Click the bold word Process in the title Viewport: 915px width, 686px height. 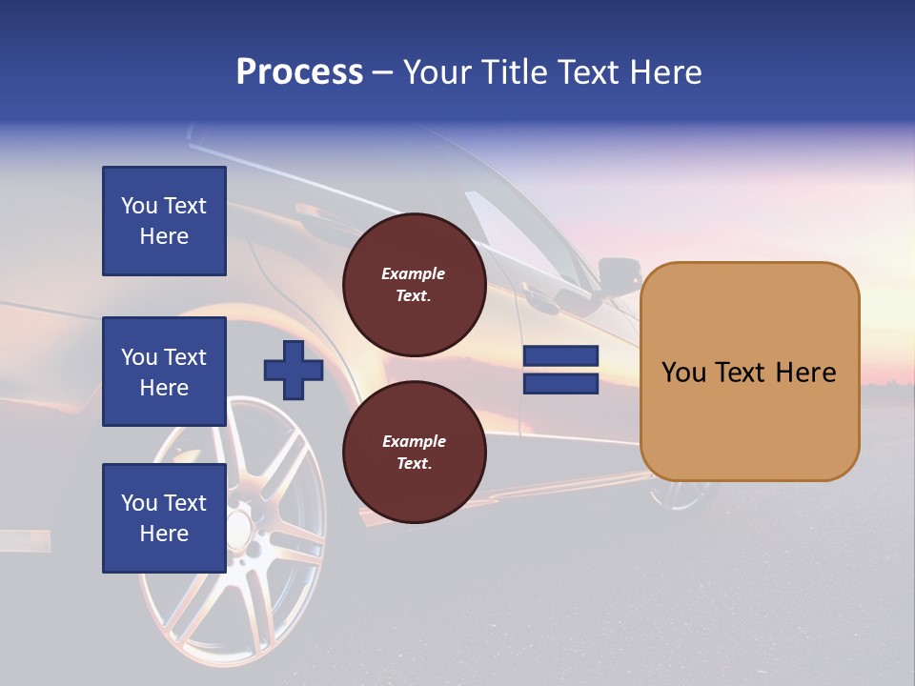coord(299,72)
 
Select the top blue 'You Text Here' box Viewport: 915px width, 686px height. coord(164,221)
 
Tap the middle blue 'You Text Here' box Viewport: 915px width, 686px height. coord(164,372)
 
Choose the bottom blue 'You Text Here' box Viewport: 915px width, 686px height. coord(164,518)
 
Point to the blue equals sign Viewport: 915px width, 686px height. coord(560,371)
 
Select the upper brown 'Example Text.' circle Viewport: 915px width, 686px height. coord(414,285)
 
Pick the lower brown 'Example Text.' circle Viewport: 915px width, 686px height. coord(414,453)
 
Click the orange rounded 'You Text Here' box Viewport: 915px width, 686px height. coord(749,372)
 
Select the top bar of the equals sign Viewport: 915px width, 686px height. coord(560,356)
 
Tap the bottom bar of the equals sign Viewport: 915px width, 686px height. coord(560,384)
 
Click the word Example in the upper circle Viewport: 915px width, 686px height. coord(414,273)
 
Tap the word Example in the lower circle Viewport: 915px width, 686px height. coord(414,441)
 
